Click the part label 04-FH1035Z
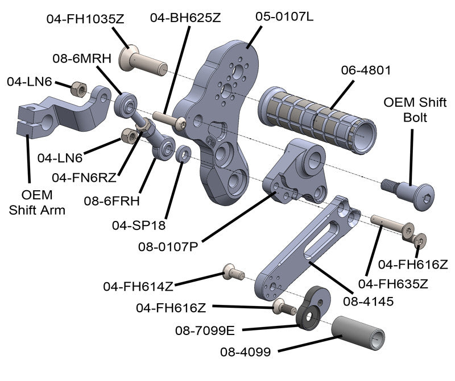(85, 19)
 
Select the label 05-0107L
(284, 16)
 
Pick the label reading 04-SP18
(139, 225)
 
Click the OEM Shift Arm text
(38, 202)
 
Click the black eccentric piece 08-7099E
(312, 310)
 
